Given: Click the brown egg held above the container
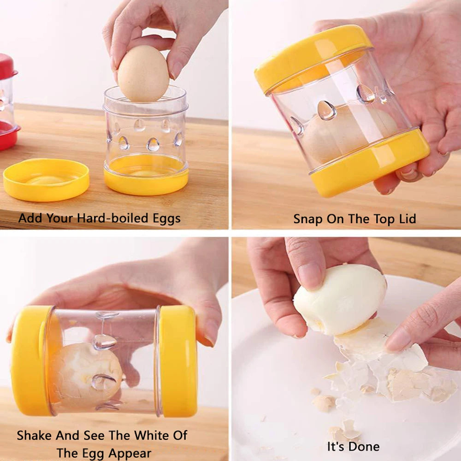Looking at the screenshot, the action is [143, 73].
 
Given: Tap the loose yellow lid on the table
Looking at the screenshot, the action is [46, 180].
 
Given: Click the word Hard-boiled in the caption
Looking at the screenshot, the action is [112, 218].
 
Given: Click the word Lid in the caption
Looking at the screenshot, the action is [408, 219].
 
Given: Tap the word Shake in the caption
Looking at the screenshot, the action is [35, 436].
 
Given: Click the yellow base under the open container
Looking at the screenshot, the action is [146, 176].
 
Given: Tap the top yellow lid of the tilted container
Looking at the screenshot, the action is [313, 57].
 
